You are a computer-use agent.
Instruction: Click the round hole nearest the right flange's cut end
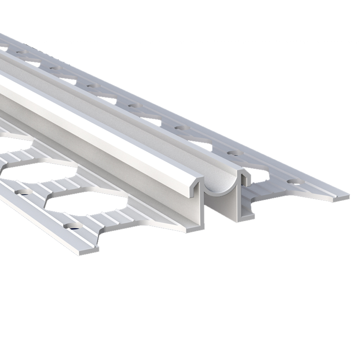(x=295, y=181)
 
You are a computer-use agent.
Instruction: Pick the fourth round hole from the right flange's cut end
(x=134, y=105)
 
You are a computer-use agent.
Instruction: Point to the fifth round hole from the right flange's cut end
(x=92, y=85)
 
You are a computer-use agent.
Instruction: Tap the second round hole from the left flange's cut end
(x=22, y=192)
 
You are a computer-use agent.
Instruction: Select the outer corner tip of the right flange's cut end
(x=347, y=197)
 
